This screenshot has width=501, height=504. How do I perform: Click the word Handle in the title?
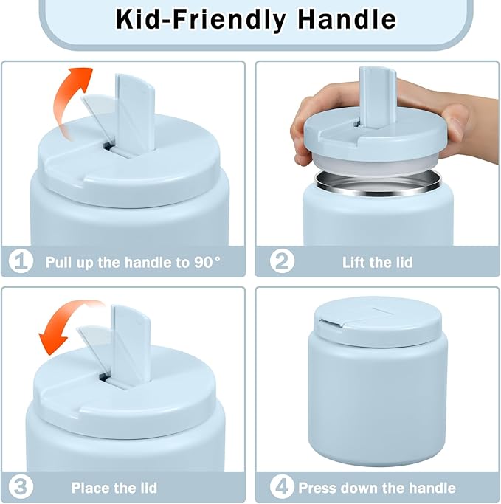pos(347,20)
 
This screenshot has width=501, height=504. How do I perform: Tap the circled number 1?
pos(21,262)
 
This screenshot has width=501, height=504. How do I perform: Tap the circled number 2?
pos(282,261)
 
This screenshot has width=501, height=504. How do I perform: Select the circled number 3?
pos(21,487)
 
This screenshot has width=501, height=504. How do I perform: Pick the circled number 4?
pos(282,487)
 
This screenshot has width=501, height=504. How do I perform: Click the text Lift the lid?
pos(377,262)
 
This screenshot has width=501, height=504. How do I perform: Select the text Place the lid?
pos(114,488)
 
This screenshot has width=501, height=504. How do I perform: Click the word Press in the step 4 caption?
pos(317,488)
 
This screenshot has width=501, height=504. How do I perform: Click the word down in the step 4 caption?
pos(359,488)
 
